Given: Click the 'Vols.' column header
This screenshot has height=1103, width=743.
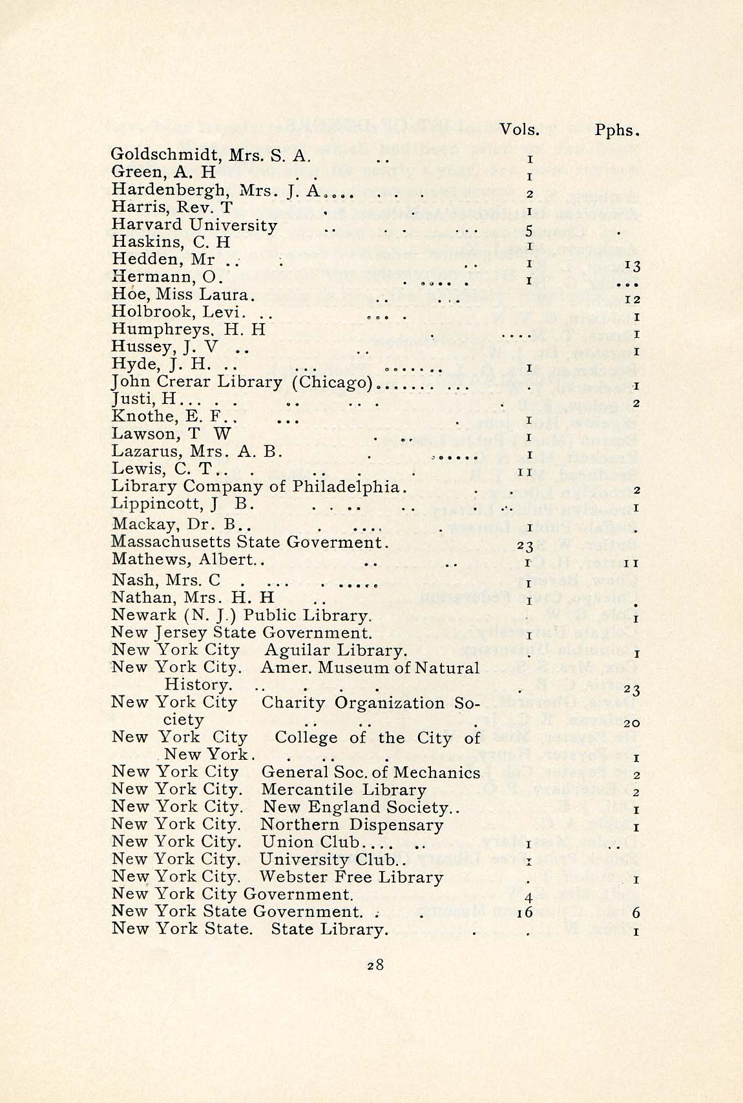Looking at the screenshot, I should click(519, 129).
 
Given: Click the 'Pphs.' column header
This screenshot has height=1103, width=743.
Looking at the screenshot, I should click(616, 130).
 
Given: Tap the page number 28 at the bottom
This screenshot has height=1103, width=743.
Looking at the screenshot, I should click(375, 965).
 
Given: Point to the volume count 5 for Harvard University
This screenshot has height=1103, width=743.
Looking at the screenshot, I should click(528, 231).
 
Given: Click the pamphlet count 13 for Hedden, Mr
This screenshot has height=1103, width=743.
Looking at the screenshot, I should click(633, 266).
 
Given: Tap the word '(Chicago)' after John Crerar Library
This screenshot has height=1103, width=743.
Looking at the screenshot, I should click(332, 382).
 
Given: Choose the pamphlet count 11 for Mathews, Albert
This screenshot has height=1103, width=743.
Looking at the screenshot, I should click(633, 563).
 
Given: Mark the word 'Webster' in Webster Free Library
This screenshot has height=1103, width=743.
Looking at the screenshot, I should click(291, 877).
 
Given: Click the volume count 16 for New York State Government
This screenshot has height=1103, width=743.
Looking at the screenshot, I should click(525, 913).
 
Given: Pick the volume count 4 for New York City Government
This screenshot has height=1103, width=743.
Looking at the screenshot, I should click(528, 898).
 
